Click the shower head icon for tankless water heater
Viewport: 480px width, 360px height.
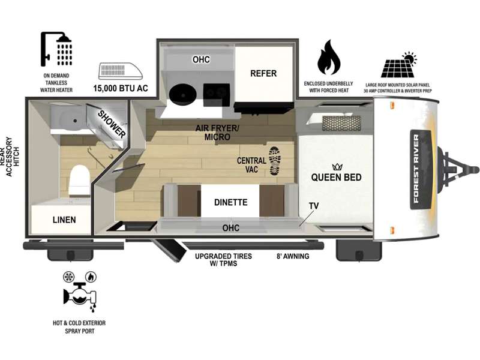pos(56,49)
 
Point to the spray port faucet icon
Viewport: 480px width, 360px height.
pos(76,292)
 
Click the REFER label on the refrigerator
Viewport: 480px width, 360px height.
pos(263,73)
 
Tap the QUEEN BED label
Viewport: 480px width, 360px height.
pos(335,178)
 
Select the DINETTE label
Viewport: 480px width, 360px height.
pos(230,202)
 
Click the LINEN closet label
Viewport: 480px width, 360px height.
pos(64,220)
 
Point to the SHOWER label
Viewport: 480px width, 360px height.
pos(112,124)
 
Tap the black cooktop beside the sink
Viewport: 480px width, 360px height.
pos(217,92)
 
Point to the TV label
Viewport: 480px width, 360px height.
pos(314,206)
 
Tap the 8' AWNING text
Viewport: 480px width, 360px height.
pos(293,256)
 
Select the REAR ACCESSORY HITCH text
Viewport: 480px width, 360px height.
pos(13,155)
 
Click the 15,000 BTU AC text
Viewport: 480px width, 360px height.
pos(120,89)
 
